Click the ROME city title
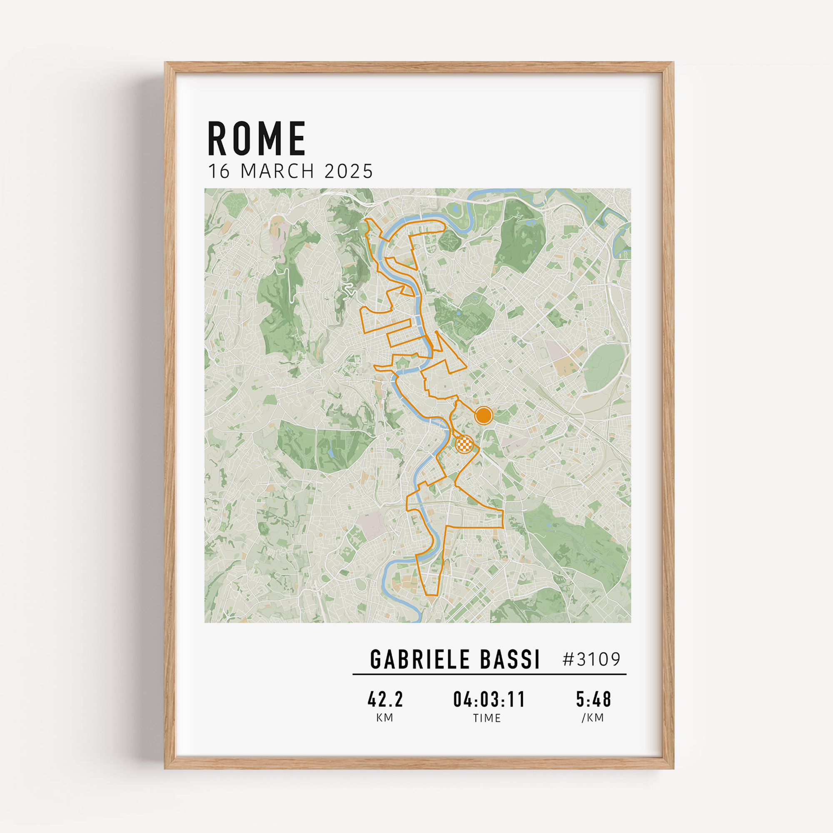point(257,138)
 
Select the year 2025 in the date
point(348,171)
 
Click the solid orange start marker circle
point(483,416)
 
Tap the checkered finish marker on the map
point(464,444)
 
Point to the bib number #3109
point(591,659)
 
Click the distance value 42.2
point(385,699)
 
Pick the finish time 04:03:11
point(489,699)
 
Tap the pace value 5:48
point(593,699)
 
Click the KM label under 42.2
point(384,718)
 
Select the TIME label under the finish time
point(487,718)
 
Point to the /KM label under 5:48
point(593,718)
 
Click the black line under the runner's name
point(489,674)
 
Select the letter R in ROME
point(218,138)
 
